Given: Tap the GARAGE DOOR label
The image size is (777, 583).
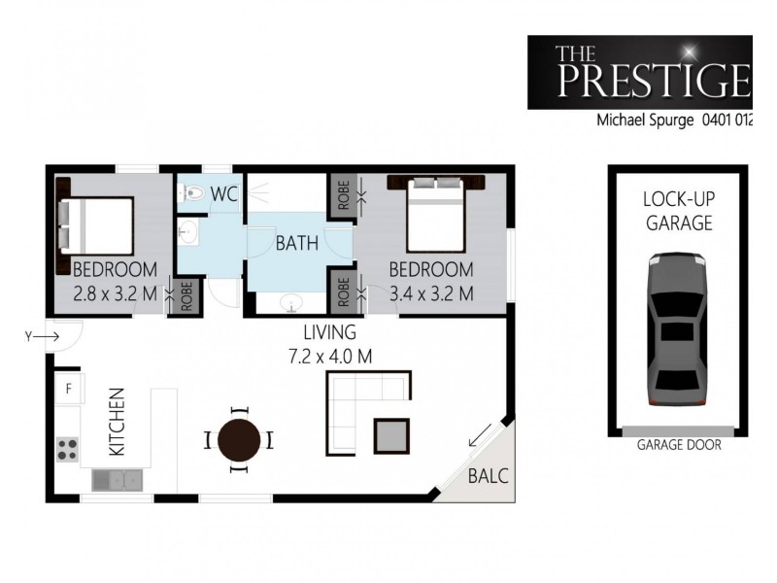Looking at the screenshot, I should pos(679,448).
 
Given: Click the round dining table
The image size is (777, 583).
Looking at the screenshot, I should pos(239,440).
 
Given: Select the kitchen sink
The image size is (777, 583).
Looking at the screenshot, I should pos(118,478).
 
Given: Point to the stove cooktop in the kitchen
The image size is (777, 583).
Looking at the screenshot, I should pos(67,448).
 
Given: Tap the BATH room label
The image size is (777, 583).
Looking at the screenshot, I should pos(296,244).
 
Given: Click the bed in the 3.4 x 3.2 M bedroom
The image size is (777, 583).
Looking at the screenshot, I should pos(436,219).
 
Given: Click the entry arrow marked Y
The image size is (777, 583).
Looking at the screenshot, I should pos(48,336).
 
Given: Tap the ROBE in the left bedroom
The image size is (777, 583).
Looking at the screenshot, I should pos(186,293).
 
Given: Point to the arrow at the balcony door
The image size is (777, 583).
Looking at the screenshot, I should pos(479,439).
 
